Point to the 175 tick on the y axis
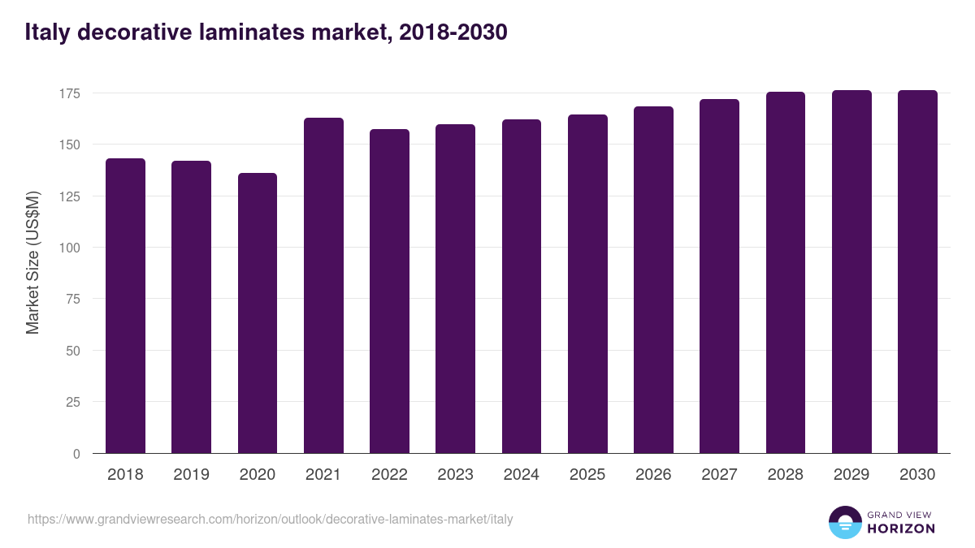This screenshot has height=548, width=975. pyautogui.click(x=70, y=93)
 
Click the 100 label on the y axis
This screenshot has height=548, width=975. pyautogui.click(x=70, y=248)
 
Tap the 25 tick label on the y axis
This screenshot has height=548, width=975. pyautogui.click(x=73, y=402)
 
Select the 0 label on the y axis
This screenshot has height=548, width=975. pyautogui.click(x=76, y=454)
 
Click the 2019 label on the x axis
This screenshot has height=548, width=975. pyautogui.click(x=191, y=475)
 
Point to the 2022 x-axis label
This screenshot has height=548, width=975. pyautogui.click(x=389, y=475)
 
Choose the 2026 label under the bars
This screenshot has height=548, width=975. pyautogui.click(x=653, y=475)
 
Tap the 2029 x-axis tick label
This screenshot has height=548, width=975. pyautogui.click(x=851, y=475)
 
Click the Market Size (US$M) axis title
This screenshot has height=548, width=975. pyautogui.click(x=32, y=261)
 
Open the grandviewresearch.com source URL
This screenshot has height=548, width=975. pyautogui.click(x=270, y=519)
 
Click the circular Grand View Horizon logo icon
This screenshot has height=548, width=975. pyautogui.click(x=845, y=522)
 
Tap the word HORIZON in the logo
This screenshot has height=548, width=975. pyautogui.click(x=900, y=529)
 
